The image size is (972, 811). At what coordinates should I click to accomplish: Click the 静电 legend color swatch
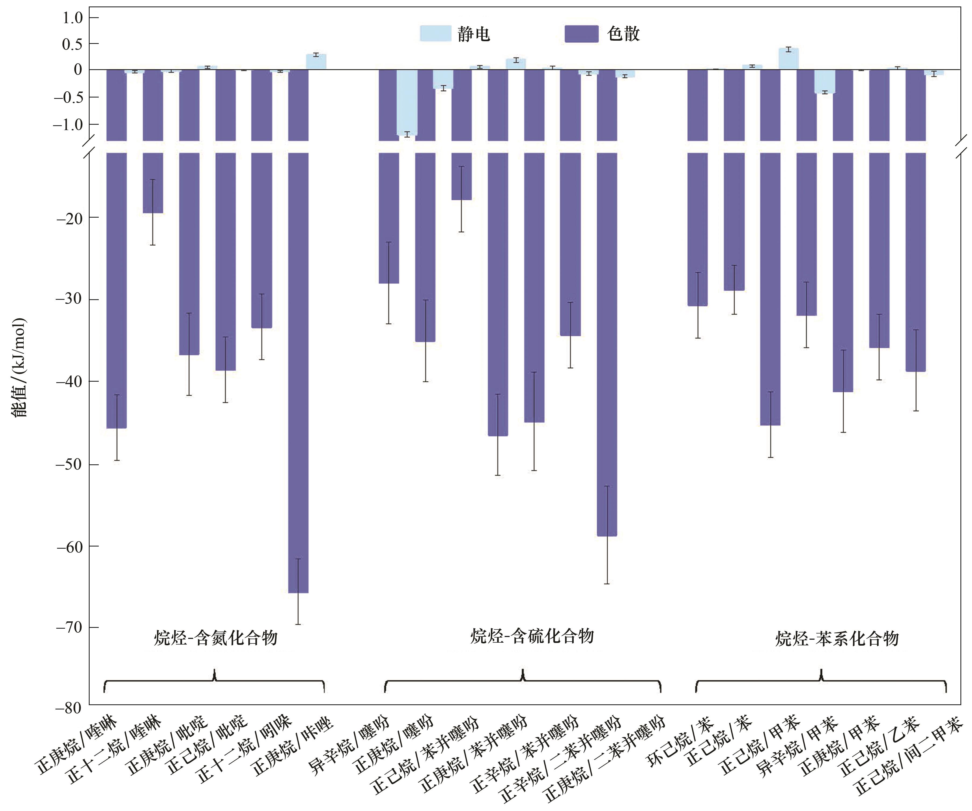(435, 33)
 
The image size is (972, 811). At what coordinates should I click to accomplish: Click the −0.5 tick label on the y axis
(69, 97)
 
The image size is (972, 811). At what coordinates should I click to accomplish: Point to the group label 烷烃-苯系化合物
(837, 639)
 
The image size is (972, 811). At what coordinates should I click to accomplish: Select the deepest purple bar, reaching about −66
(298, 371)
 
